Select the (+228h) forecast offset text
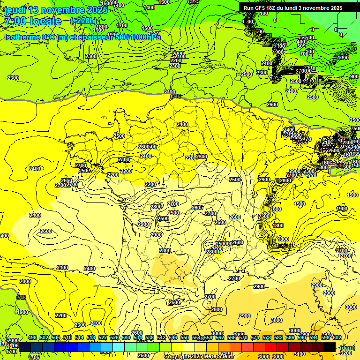tap(83, 21)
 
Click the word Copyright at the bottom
tap(177, 357)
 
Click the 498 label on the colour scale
tap(32, 337)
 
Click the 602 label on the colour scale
tap(337, 337)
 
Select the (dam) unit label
tap(347, 347)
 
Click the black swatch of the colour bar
tap(330, 347)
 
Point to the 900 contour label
tap(354, 76)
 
